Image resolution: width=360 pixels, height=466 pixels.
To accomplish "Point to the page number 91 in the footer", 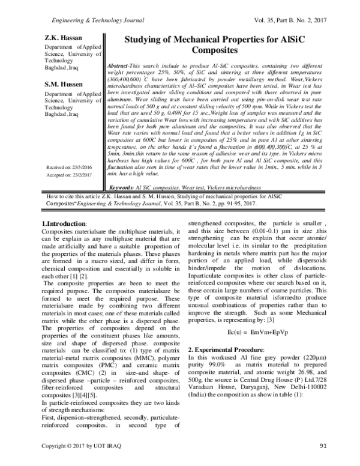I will coord(322,446).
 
